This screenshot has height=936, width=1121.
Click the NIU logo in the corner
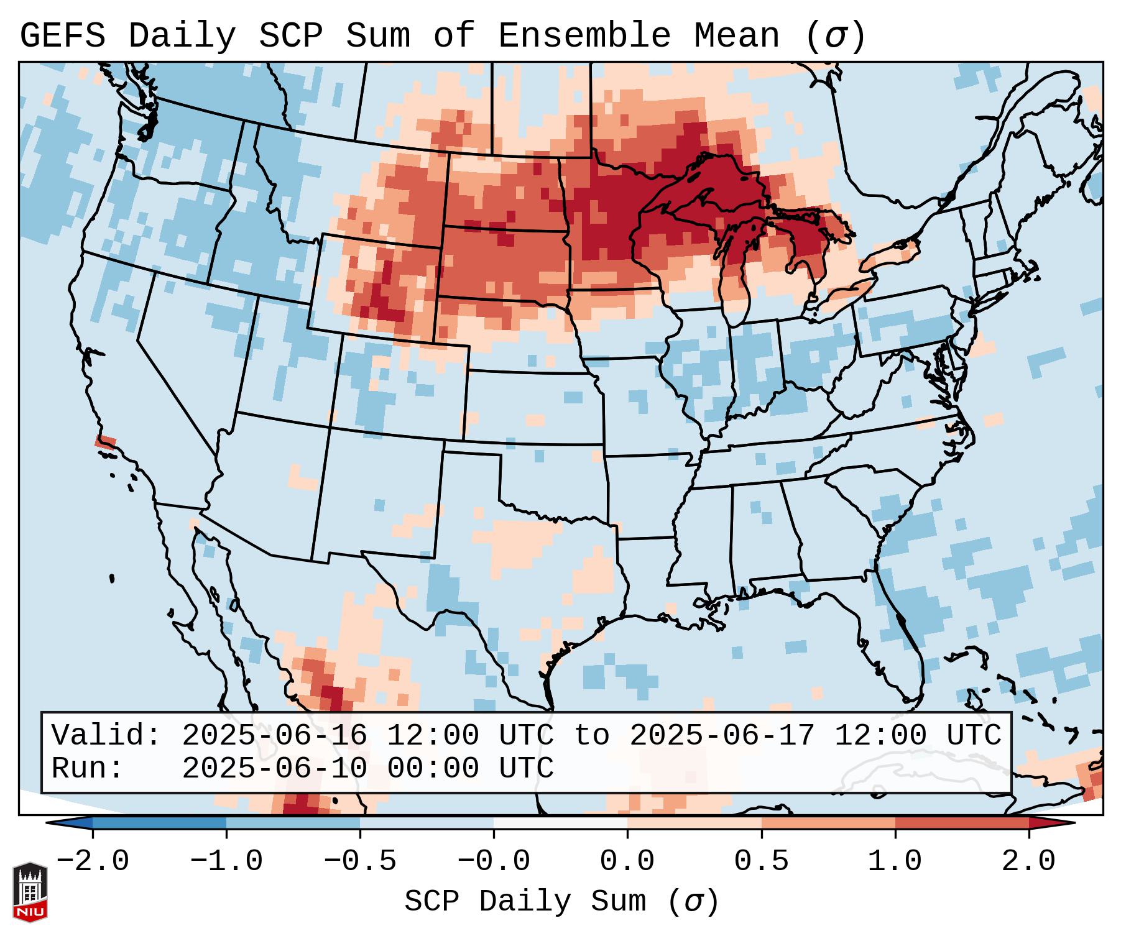pos(30,891)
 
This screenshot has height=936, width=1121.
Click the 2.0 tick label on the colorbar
pos(1028,861)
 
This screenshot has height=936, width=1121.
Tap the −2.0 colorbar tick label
pos(93,861)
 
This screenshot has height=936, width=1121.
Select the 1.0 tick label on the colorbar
pos(895,861)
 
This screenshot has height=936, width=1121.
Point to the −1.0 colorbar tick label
pos(226,861)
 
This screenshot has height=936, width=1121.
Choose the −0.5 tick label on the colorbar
pos(360,861)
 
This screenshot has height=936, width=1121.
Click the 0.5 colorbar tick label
pos(761,861)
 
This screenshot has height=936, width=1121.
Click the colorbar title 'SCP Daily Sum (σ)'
pos(561,901)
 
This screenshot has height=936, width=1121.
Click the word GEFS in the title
pos(62,36)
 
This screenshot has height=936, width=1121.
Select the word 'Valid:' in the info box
pos(106,735)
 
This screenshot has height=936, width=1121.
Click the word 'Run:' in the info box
pos(87,768)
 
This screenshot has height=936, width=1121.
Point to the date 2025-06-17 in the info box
pos(722,735)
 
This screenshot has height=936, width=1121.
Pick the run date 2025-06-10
pos(274,768)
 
